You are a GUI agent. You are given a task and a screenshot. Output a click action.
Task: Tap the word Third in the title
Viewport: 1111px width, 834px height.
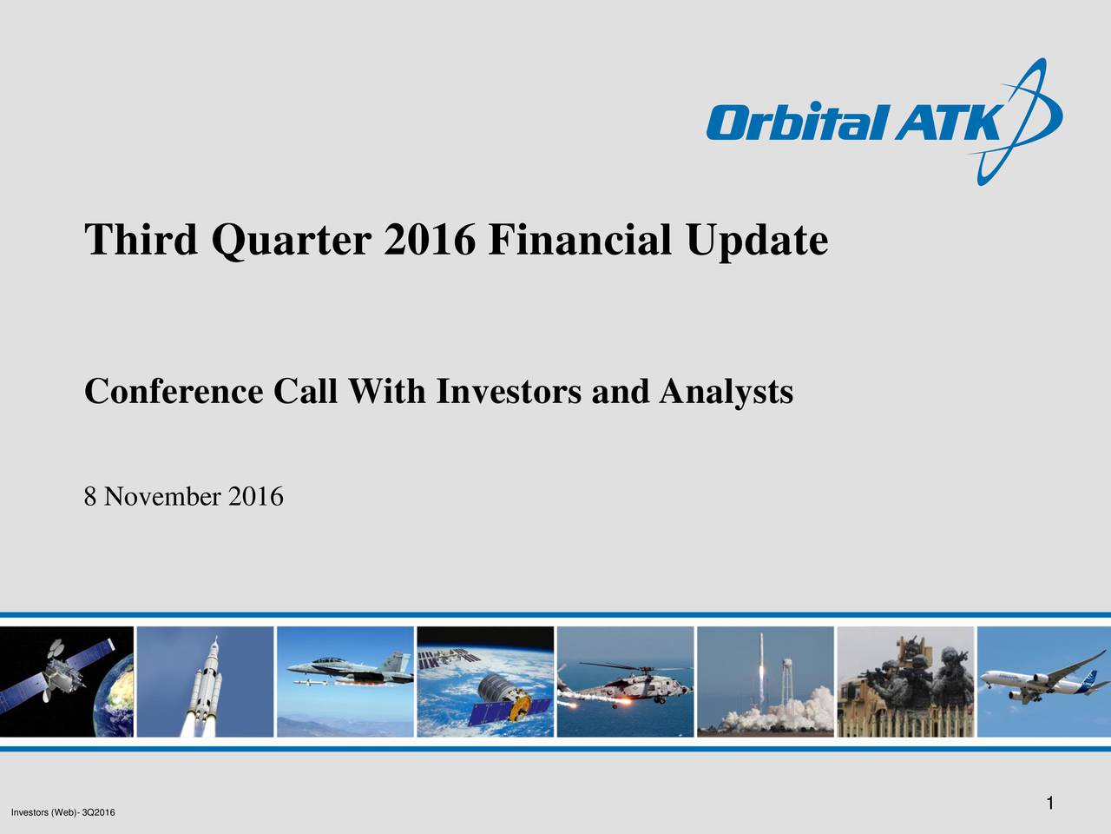coord(140,240)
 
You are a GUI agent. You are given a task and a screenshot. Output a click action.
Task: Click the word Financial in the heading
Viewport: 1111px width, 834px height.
coord(579,240)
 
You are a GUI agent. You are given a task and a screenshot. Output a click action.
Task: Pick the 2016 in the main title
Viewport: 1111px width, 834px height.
coord(429,240)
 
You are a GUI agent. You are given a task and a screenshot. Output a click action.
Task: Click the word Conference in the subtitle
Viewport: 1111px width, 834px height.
coord(173,392)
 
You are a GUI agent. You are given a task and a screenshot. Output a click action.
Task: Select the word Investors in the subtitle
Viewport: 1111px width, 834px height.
coord(508,392)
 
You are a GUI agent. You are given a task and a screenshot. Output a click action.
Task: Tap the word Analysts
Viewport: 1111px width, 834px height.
coord(726,393)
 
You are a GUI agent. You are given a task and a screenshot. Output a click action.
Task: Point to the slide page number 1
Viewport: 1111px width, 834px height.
coord(1049,803)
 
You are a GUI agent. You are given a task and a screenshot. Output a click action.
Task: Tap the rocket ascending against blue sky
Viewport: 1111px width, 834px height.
coord(206,686)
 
